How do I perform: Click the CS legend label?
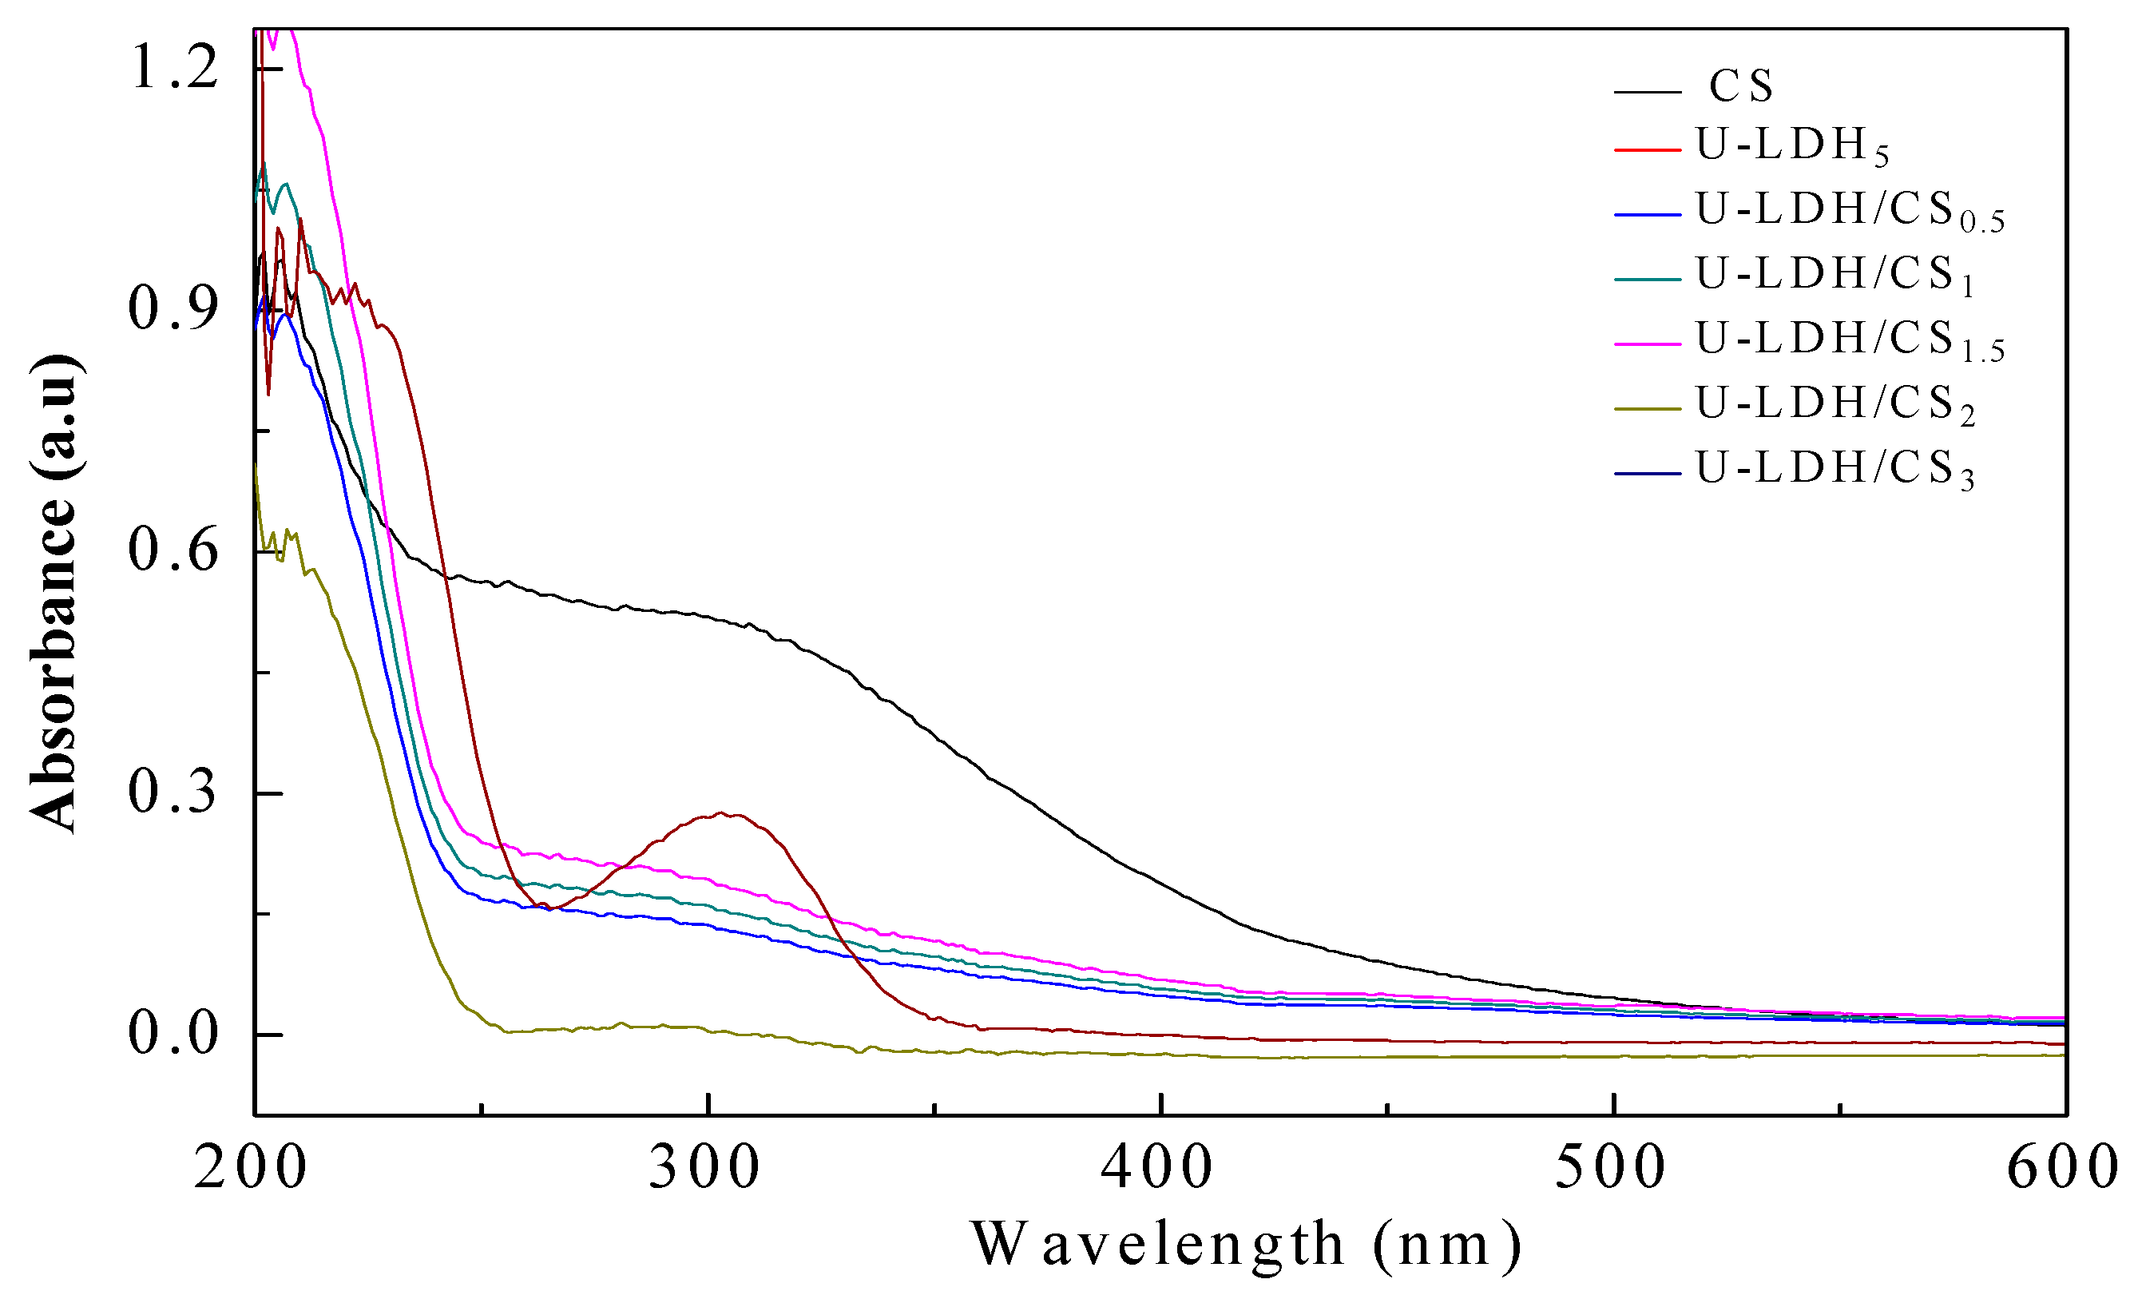click(1741, 85)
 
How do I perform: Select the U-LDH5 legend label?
click(1791, 145)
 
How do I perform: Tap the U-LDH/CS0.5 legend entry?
click(1849, 210)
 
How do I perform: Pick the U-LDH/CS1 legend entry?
click(1835, 276)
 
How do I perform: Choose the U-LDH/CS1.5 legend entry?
click(1849, 340)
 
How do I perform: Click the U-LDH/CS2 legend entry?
click(1835, 404)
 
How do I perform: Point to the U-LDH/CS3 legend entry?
click(1835, 470)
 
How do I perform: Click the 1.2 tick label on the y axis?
click(173, 68)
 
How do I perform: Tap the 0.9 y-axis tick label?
click(173, 309)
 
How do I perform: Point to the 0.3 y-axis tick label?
click(173, 793)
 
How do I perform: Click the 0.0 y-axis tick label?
click(173, 1034)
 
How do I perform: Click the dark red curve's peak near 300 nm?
click(720, 813)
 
